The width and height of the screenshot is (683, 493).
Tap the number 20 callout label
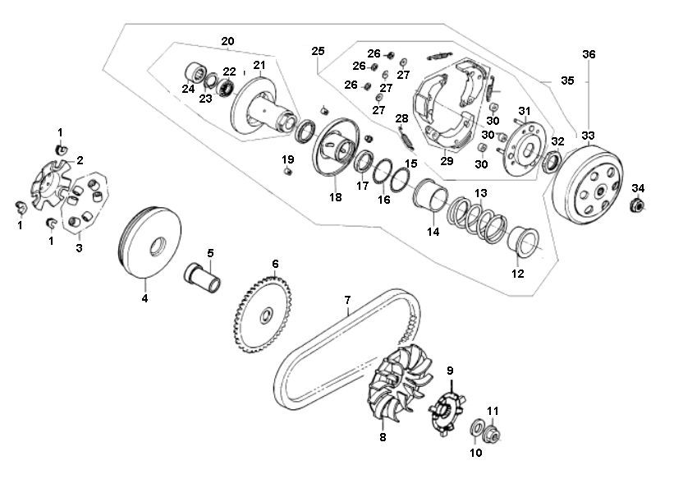coord(227,41)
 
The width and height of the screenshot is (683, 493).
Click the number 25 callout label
coord(319,52)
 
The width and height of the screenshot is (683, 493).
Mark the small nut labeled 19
coord(287,173)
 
